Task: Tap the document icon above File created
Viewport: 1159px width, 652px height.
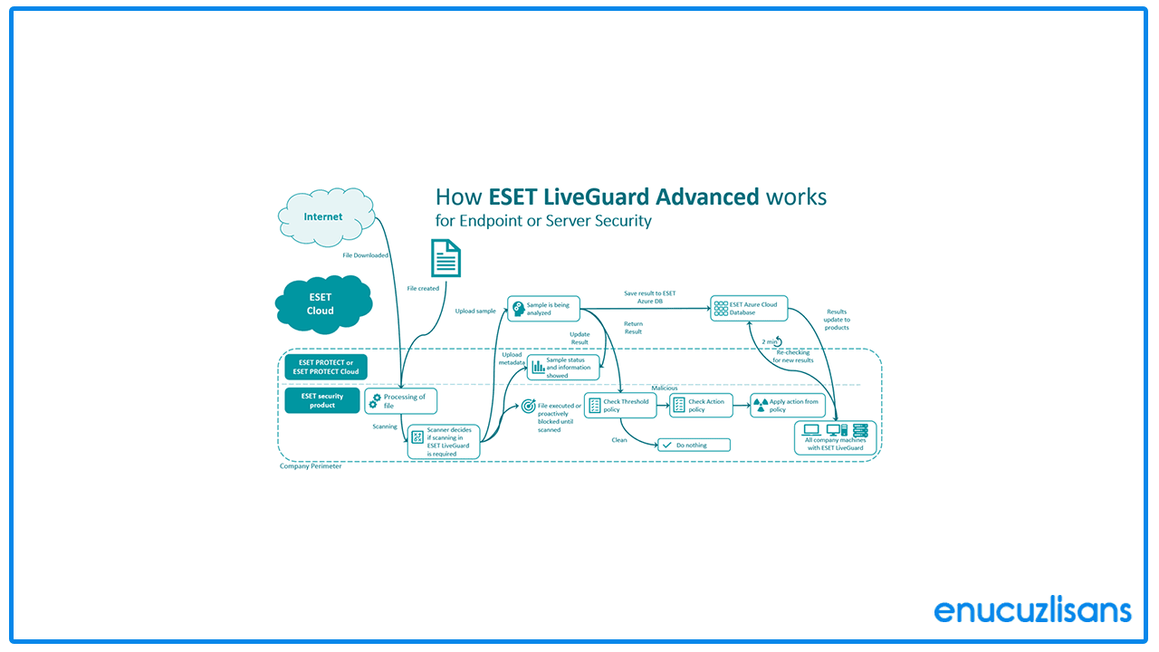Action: pos(445,259)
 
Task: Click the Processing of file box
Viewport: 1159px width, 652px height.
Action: pos(401,401)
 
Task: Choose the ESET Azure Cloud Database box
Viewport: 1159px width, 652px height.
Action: pos(748,309)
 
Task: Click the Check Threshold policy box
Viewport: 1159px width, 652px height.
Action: pos(620,406)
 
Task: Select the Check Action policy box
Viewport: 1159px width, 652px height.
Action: pos(701,406)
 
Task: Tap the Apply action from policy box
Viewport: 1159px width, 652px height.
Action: pos(788,406)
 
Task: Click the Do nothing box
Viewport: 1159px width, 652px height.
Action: pos(693,446)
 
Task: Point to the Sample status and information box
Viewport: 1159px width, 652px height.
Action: pos(563,367)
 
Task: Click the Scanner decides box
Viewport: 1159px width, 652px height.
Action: pos(443,441)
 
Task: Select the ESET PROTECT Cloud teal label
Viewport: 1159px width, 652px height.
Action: pos(326,367)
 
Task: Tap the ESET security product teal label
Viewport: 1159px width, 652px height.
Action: pos(322,401)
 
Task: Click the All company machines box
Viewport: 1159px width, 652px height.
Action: pos(835,437)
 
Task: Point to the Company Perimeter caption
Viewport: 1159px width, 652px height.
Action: pos(311,466)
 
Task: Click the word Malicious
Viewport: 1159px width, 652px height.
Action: pos(664,388)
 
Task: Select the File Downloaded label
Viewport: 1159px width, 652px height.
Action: pos(366,255)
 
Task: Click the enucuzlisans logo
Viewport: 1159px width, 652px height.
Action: pos(1032,609)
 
